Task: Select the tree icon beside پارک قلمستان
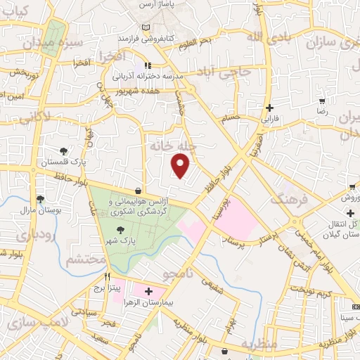[x=64, y=150]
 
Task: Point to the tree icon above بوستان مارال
[x=40, y=199]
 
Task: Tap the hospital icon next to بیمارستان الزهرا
[x=148, y=290]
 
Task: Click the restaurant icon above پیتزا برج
[x=108, y=277]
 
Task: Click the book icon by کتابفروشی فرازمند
[x=146, y=27]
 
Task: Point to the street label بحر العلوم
[x=195, y=43]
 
